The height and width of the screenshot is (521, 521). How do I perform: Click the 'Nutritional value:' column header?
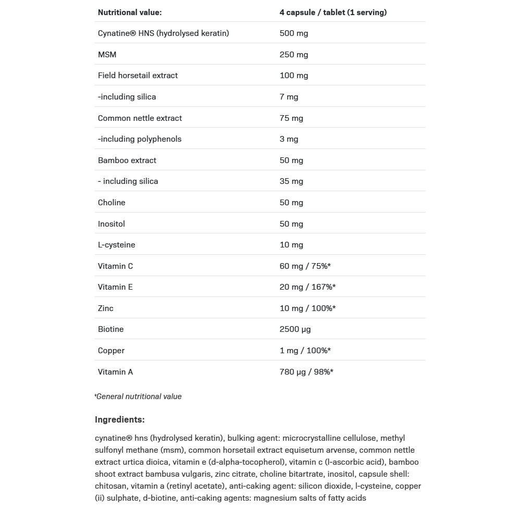point(130,13)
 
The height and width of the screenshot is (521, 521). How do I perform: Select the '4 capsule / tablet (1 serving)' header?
point(333,13)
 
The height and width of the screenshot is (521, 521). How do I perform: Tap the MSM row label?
point(107,55)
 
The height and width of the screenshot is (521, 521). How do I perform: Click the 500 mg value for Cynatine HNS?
point(294,33)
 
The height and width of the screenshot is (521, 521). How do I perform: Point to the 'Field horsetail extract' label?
point(138,76)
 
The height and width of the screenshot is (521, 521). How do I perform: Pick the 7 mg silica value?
point(289,97)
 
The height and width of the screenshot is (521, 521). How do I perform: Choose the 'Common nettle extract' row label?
point(140,118)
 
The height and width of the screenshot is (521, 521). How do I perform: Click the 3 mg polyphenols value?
point(289,139)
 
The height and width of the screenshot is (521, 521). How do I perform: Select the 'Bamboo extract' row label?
point(127,160)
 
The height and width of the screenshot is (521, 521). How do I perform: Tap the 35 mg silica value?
point(291,181)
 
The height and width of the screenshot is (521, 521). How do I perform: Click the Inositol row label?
point(111,224)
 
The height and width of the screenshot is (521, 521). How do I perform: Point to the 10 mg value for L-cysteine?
point(291,245)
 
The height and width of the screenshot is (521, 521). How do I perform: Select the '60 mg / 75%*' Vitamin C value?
point(305,266)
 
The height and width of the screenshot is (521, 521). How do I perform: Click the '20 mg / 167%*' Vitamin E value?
point(307,287)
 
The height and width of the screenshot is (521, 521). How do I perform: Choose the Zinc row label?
point(106,308)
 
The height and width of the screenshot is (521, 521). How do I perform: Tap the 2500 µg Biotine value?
point(295,329)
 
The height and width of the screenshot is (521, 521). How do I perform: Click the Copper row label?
point(111,351)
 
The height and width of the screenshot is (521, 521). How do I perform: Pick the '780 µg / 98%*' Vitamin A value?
point(306,372)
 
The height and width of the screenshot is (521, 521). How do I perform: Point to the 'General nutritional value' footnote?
point(139,396)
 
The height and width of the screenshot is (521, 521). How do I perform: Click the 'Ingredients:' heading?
point(120,419)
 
